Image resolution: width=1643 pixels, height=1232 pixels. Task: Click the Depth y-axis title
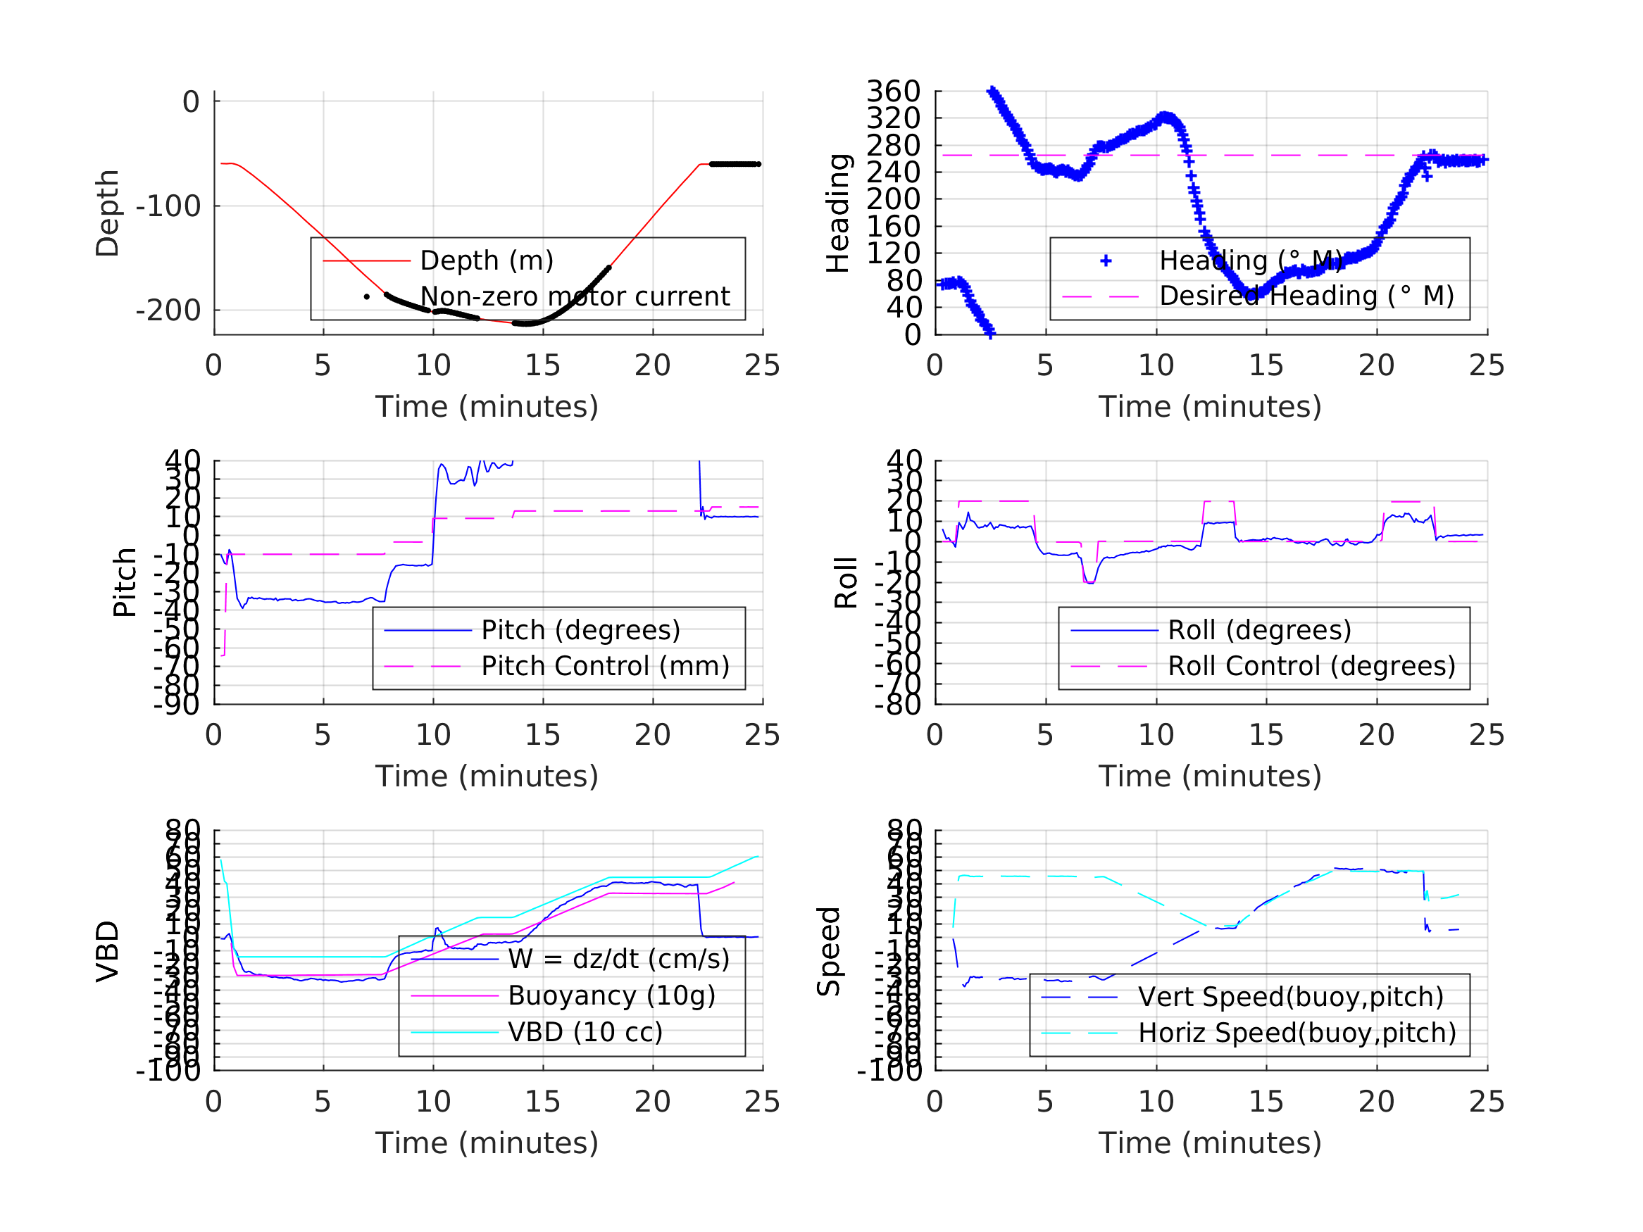(108, 213)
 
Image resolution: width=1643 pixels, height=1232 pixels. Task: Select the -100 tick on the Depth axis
(168, 206)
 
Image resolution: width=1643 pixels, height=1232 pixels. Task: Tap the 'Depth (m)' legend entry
(487, 260)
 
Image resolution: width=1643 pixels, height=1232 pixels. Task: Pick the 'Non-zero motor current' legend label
(575, 296)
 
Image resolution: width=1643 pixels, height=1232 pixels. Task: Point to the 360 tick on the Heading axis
(894, 92)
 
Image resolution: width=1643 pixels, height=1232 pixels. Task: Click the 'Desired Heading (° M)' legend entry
(1306, 296)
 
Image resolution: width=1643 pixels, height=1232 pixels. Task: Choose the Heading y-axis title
(838, 213)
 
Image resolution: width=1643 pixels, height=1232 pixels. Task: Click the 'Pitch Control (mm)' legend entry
(606, 666)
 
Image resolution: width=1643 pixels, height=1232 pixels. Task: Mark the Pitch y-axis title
(125, 583)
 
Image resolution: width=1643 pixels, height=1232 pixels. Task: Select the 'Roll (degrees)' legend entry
(1260, 630)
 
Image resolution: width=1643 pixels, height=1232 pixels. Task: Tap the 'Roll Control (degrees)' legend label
(1312, 666)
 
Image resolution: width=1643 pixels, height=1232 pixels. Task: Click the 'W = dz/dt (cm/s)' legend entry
(619, 960)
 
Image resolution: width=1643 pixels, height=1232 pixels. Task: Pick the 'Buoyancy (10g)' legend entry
(611, 996)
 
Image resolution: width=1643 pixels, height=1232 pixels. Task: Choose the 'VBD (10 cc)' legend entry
(585, 1032)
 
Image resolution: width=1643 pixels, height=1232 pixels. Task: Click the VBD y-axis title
(108, 951)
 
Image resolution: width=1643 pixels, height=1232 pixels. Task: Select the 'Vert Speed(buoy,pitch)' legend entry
(1291, 997)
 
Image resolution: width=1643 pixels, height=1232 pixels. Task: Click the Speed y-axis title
(829, 951)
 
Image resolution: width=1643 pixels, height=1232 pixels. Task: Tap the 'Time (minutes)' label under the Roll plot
(1210, 776)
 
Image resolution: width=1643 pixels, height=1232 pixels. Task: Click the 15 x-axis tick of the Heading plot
(1266, 365)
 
